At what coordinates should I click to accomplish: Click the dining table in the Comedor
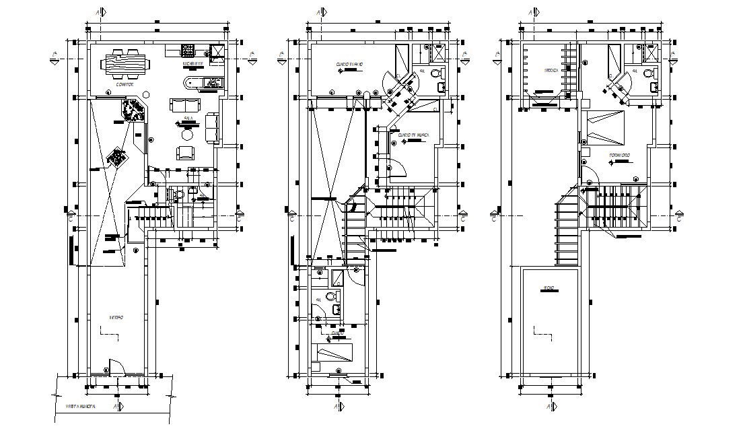coord(127,65)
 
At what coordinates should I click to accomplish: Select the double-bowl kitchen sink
coord(213,83)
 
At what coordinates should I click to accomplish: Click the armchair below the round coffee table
coord(184,153)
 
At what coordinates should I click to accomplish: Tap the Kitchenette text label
coord(193,65)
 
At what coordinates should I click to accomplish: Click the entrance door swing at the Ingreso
coord(115,366)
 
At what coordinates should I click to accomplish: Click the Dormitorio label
coord(620,155)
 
